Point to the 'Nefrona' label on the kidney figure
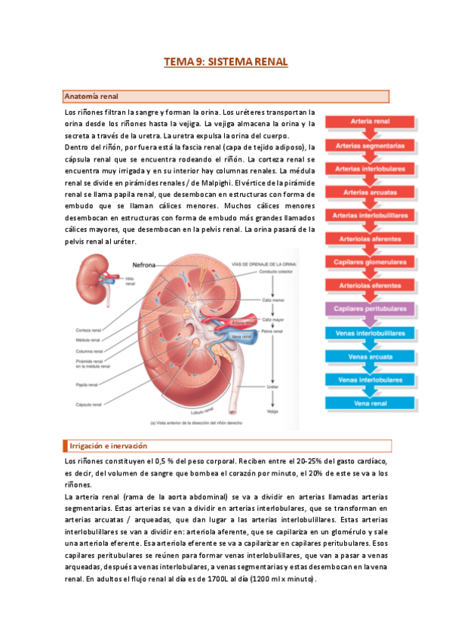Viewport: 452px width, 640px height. coord(148,266)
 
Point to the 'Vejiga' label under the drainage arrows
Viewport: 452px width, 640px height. coord(272,412)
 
